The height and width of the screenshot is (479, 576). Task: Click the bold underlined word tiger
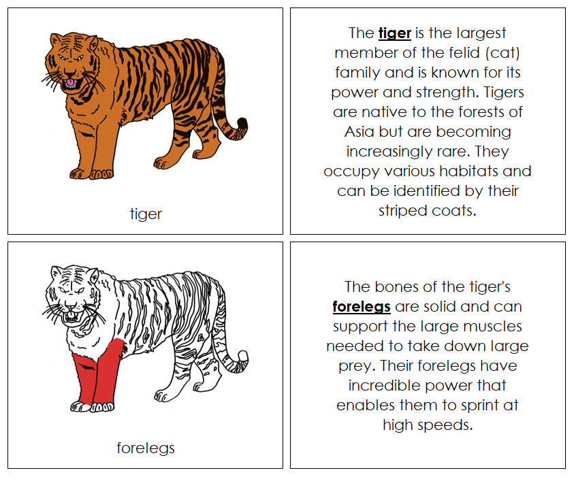pos(394,33)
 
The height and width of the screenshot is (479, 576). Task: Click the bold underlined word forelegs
pos(361,306)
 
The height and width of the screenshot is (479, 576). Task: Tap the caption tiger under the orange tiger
pos(146,214)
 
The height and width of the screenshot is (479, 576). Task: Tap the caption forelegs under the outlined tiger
pos(146,448)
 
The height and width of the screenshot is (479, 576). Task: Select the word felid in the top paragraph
pos(445,52)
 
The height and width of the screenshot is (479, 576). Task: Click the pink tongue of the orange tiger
pos(69,83)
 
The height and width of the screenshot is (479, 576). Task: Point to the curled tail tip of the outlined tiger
pos(242,359)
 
